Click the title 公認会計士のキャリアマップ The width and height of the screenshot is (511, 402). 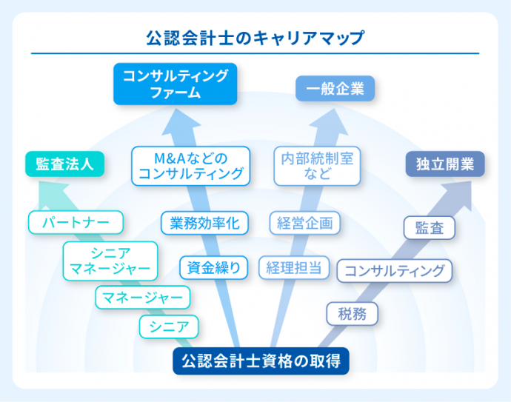(255, 37)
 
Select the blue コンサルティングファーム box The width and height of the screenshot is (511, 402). (175, 84)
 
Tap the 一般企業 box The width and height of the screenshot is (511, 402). (335, 89)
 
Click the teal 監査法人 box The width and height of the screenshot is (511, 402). (64, 164)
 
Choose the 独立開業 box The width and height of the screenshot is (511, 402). (444, 164)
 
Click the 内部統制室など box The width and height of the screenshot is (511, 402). (317, 166)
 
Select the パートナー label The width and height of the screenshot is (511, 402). (75, 221)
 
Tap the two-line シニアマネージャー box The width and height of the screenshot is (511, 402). (110, 261)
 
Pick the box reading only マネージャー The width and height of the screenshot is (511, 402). (143, 298)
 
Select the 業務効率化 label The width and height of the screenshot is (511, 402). (204, 222)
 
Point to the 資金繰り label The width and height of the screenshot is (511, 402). (214, 267)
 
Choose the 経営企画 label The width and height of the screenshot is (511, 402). (304, 223)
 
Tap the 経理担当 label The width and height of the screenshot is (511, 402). (294, 267)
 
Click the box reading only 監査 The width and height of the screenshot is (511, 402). (430, 227)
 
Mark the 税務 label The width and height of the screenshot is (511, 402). (352, 313)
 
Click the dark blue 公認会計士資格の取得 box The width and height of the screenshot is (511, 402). (261, 362)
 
